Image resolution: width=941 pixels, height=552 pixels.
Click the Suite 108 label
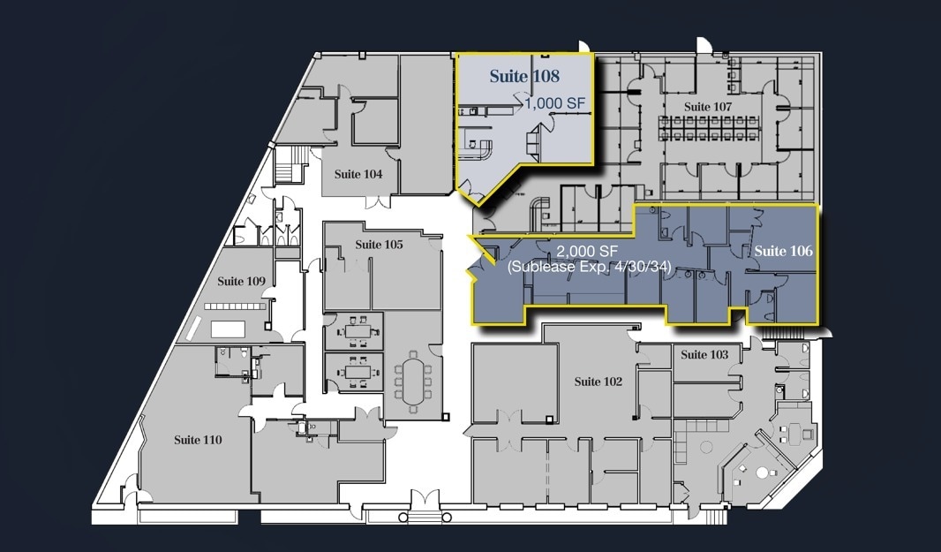(524, 77)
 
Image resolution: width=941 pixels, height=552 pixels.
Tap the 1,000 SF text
(555, 103)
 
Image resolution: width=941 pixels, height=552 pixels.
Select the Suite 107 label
(709, 107)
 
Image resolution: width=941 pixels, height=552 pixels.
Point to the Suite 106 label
(782, 251)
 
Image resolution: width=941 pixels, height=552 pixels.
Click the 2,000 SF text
(585, 252)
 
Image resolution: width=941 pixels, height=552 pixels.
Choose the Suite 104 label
(358, 174)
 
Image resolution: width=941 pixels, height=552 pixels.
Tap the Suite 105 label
(379, 244)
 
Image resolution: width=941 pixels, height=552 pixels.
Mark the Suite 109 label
(242, 281)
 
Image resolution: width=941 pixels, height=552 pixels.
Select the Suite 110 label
(198, 439)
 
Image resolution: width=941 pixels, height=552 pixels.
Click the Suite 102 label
(598, 382)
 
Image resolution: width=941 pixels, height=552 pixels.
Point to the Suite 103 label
(705, 355)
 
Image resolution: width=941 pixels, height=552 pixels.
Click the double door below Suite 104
(379, 202)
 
